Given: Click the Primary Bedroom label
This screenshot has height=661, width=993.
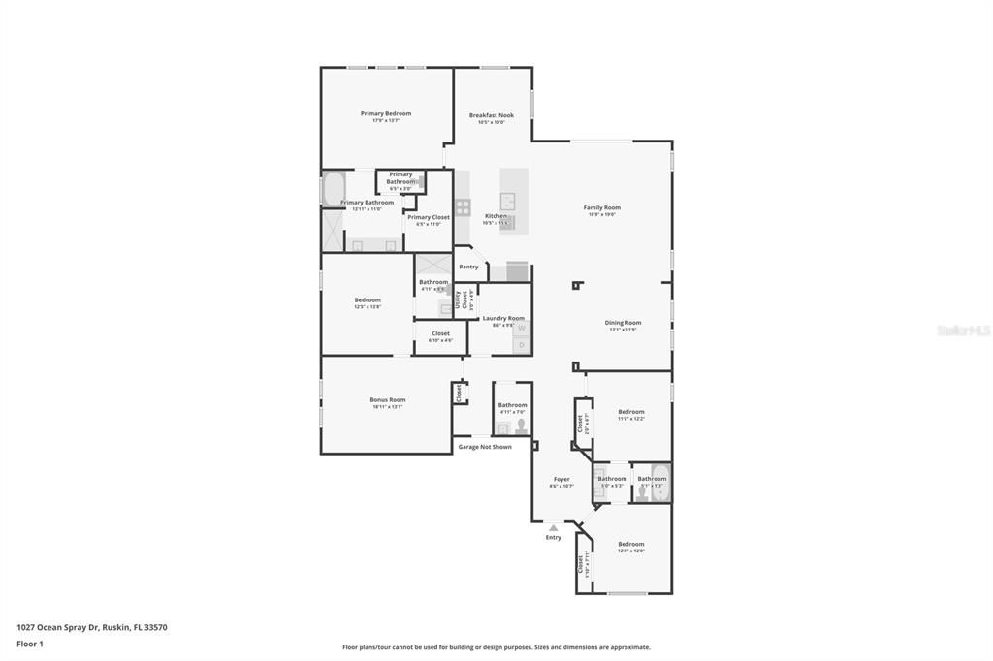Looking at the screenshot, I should point(386,114).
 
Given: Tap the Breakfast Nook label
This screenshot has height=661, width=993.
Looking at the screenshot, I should point(492,115).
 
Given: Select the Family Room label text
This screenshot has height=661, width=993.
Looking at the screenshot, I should point(601,207).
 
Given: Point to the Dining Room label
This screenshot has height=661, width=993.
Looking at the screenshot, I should point(623,323).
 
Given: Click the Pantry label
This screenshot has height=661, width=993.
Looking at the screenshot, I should point(468,267).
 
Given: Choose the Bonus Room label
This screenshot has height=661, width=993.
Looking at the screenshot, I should point(387,399).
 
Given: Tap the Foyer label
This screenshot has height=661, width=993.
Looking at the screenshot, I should point(561,479).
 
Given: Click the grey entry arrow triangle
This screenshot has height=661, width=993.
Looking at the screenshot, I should point(554,527).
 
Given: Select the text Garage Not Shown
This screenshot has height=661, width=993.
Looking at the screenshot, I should point(485,447).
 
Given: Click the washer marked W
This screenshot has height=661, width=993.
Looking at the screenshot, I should point(521,329).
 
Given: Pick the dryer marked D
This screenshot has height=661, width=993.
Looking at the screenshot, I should point(521,344).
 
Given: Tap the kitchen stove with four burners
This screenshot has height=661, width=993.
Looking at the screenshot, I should point(463,206).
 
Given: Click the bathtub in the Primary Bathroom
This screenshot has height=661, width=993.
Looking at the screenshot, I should point(333,188).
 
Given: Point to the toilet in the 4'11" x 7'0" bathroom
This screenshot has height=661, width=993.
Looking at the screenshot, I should point(521,425).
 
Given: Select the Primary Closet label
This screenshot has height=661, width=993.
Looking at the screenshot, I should point(428,217).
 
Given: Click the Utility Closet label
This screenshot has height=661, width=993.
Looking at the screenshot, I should point(461,300).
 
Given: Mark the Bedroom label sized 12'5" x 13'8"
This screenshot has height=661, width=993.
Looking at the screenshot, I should point(368,300).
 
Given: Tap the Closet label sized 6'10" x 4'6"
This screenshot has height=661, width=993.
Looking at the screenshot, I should point(440,333).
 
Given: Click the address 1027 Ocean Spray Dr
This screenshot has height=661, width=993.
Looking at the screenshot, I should point(91,627).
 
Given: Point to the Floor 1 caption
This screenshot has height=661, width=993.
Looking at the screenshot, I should point(30,644).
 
